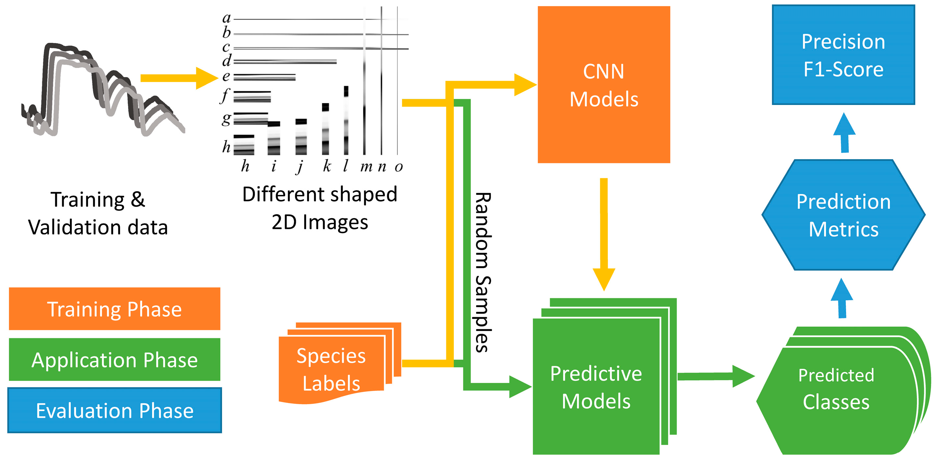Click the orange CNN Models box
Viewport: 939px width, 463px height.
pos(604,85)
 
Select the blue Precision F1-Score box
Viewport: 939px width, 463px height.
pos(843,55)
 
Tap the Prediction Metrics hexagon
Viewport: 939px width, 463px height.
pos(843,215)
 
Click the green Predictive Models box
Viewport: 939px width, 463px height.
pos(596,387)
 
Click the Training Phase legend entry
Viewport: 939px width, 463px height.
pos(114,309)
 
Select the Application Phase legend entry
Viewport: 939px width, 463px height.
pos(114,359)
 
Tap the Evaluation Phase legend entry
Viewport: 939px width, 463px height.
pos(114,410)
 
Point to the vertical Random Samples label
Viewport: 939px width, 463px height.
pos(483,272)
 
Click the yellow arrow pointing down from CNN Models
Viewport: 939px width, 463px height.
pos(604,233)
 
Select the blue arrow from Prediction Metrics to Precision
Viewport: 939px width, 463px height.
pos(844,133)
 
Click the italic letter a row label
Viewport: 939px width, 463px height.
pos(226,18)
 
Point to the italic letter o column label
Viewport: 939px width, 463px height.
pos(399,167)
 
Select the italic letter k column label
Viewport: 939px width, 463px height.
pos(327,166)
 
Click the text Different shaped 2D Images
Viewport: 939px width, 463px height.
pos(320,208)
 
